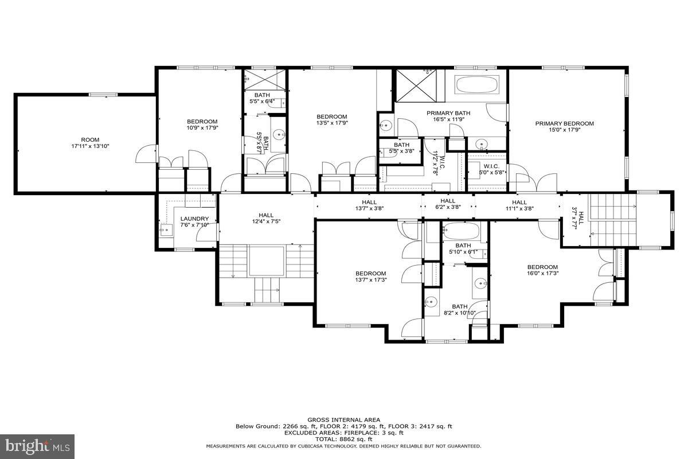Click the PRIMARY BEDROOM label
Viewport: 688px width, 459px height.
coord(564,123)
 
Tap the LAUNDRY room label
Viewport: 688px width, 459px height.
coord(198,219)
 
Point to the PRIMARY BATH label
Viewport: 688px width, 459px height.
coord(448,113)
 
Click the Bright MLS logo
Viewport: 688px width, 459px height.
coord(37,445)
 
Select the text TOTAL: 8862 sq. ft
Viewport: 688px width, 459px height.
coord(344,439)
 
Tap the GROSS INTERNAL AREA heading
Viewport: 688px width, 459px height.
coord(344,420)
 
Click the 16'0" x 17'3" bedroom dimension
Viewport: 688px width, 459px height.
coord(542,274)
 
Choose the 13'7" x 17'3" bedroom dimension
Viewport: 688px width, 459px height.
coord(370,280)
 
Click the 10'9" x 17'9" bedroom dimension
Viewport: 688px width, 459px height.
coord(202,129)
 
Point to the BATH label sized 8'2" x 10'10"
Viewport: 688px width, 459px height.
coord(459,306)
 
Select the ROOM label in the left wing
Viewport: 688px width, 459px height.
coord(90,139)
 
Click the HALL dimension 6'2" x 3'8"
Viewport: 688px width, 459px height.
coord(448,207)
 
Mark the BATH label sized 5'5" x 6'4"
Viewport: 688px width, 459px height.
coord(261,95)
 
